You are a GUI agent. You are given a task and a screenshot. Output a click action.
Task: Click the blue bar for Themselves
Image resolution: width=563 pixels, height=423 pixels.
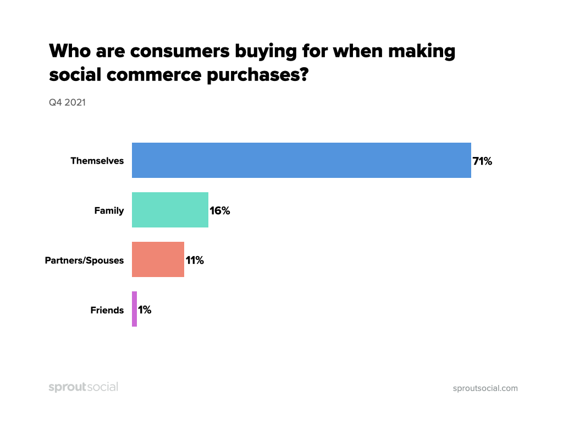301,160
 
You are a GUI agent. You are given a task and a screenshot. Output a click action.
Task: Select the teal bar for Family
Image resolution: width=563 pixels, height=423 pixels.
170,210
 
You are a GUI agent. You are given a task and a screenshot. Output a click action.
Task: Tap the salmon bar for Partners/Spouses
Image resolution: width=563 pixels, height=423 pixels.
158,259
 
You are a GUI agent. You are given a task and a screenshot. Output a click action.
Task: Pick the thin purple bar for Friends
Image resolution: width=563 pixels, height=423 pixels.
134,309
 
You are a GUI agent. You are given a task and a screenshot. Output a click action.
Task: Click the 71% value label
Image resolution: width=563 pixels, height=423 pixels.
482,161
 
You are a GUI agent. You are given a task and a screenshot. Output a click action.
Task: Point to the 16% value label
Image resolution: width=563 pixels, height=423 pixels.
220,211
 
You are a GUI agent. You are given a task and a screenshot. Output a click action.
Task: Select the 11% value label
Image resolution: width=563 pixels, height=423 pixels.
195,261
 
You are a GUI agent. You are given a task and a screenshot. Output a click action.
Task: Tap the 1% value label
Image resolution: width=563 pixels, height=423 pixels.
145,310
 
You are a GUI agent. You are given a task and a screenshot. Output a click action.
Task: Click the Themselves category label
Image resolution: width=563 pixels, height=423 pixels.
97,161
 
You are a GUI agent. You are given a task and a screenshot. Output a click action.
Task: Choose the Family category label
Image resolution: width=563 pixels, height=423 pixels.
109,211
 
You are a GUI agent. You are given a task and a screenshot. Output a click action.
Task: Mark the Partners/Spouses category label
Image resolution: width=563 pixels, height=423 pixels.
84,261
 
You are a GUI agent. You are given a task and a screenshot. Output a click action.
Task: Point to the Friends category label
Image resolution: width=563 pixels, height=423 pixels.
107,310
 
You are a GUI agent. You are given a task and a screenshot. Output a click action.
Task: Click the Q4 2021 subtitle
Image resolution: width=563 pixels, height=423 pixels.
67,102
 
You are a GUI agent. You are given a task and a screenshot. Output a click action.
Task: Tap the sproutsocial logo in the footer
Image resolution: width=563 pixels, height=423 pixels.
84,387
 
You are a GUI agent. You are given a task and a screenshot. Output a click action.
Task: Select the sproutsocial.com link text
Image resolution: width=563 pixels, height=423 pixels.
485,388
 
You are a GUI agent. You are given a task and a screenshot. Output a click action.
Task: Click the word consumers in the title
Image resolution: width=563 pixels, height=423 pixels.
180,51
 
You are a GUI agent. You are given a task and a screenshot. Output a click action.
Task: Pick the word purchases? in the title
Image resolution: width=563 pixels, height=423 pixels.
257,75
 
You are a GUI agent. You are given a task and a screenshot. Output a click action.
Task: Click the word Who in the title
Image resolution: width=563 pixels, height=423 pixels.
70,51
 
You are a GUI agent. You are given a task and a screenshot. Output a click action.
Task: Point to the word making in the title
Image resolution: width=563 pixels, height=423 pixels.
421,51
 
